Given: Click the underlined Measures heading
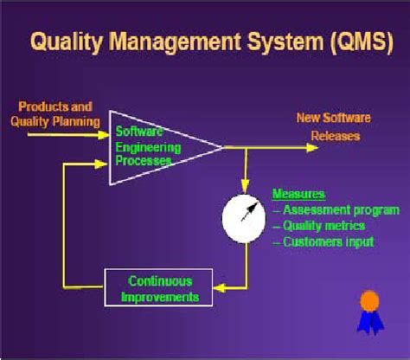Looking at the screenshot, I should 298,194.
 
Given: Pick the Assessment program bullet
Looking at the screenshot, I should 338,209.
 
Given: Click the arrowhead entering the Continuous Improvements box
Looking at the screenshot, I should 220,288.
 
